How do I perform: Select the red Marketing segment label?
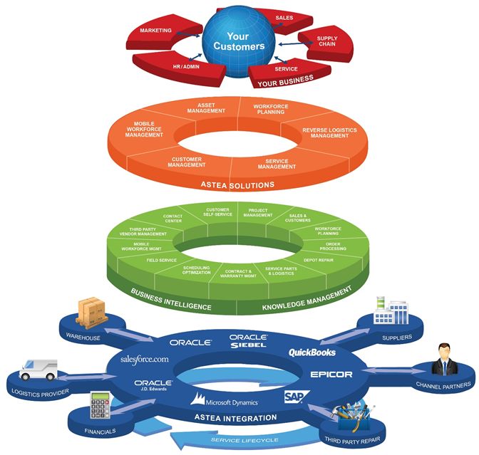click(155, 31)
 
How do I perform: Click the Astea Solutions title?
click(238, 185)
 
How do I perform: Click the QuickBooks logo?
click(311, 352)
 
